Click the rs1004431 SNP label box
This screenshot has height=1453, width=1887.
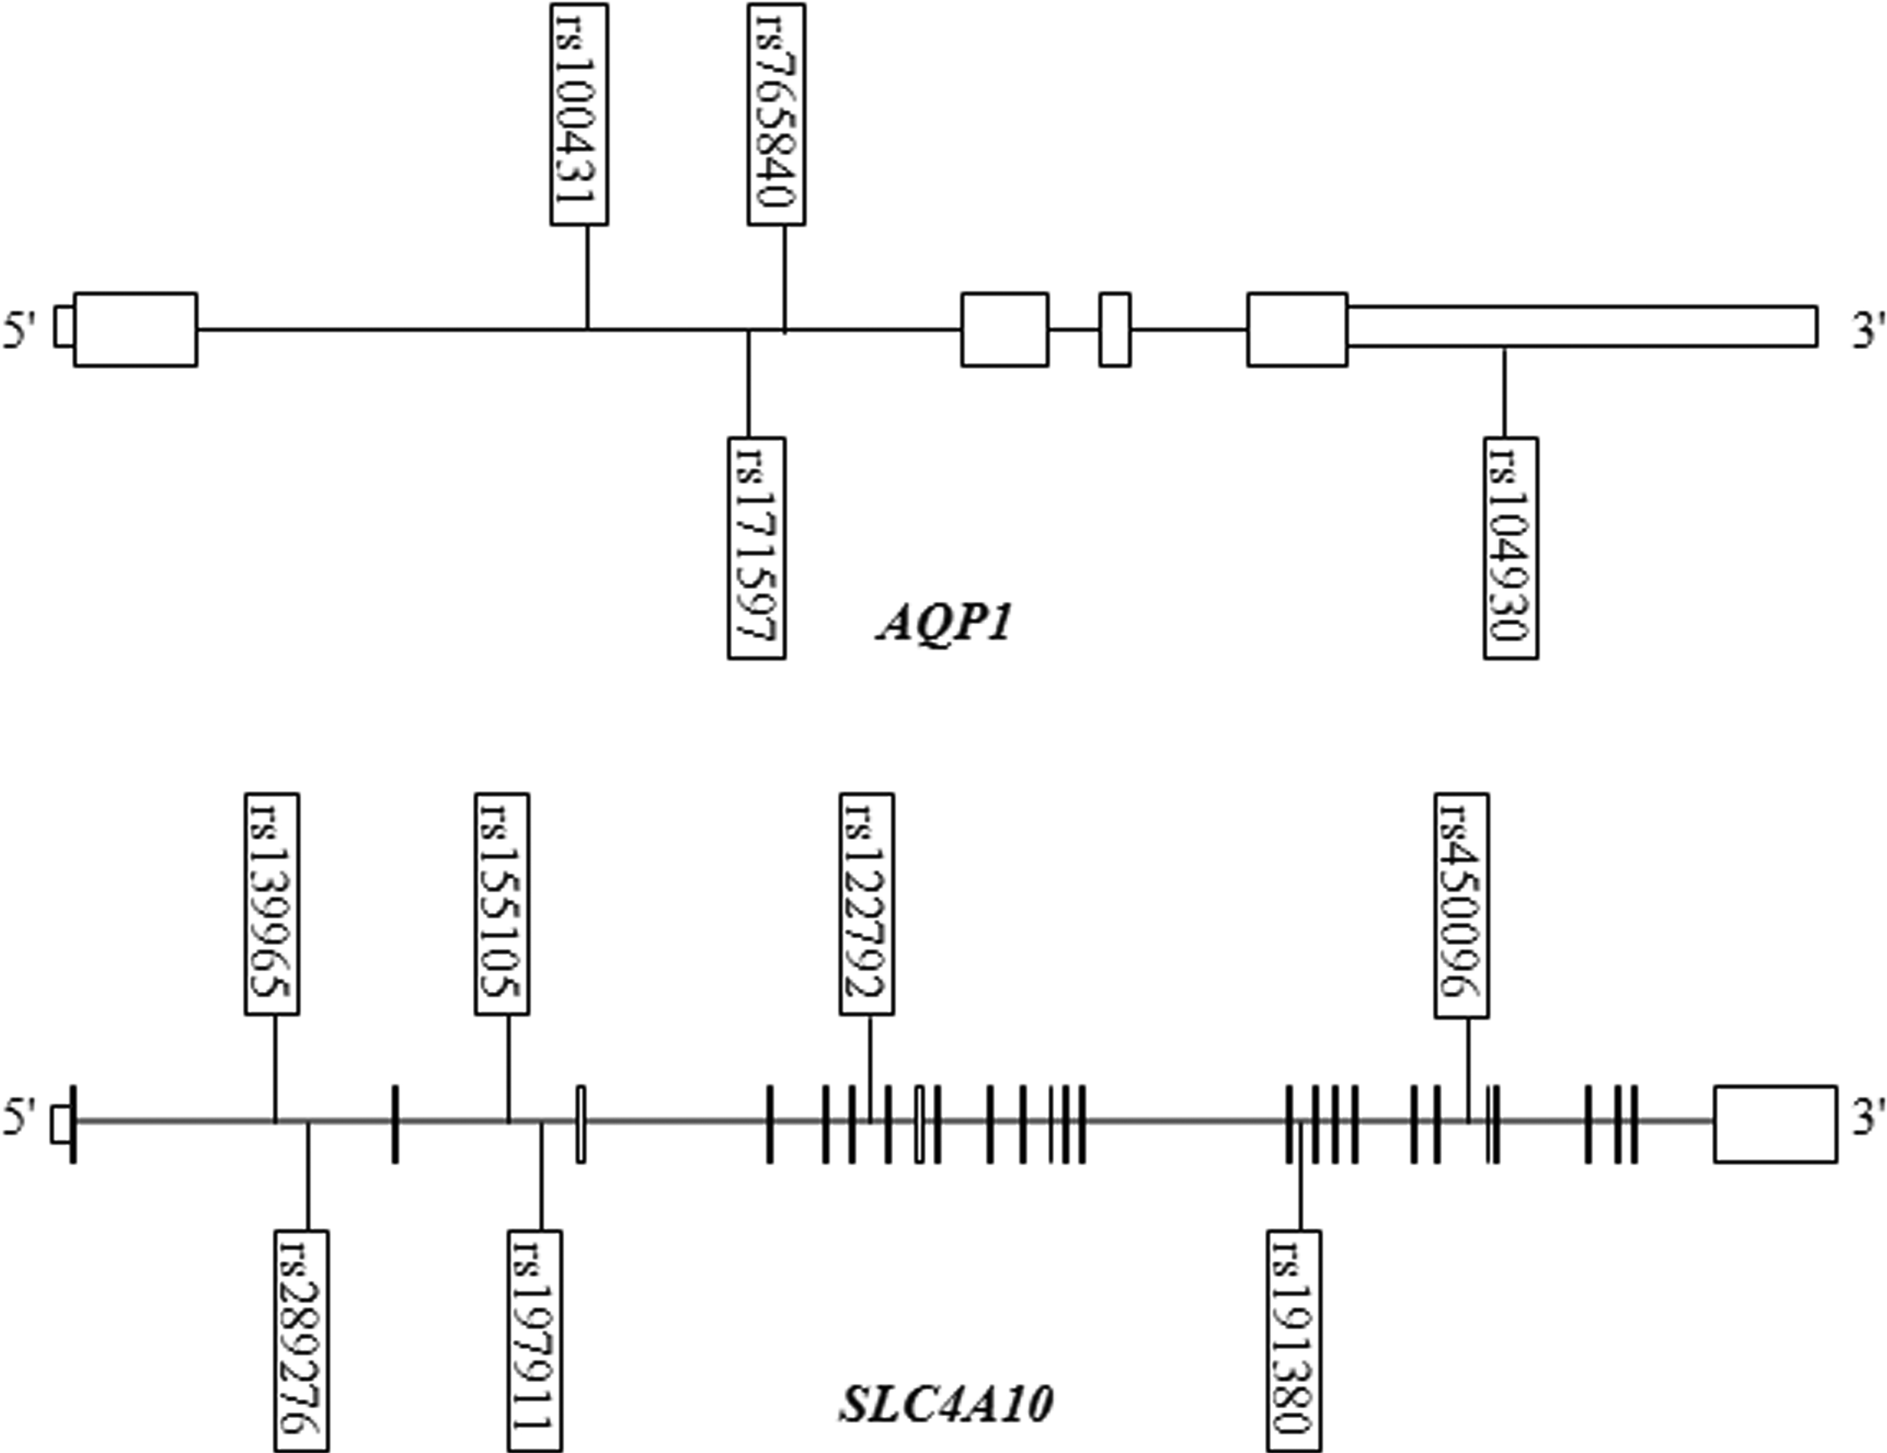579,114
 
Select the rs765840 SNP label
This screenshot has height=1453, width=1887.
776,114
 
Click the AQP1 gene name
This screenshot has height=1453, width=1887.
944,624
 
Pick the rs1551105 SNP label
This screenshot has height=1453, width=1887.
502,903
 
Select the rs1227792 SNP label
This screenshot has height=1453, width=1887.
867,903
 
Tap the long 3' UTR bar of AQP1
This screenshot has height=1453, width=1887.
1581,326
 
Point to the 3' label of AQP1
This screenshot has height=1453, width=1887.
1864,331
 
